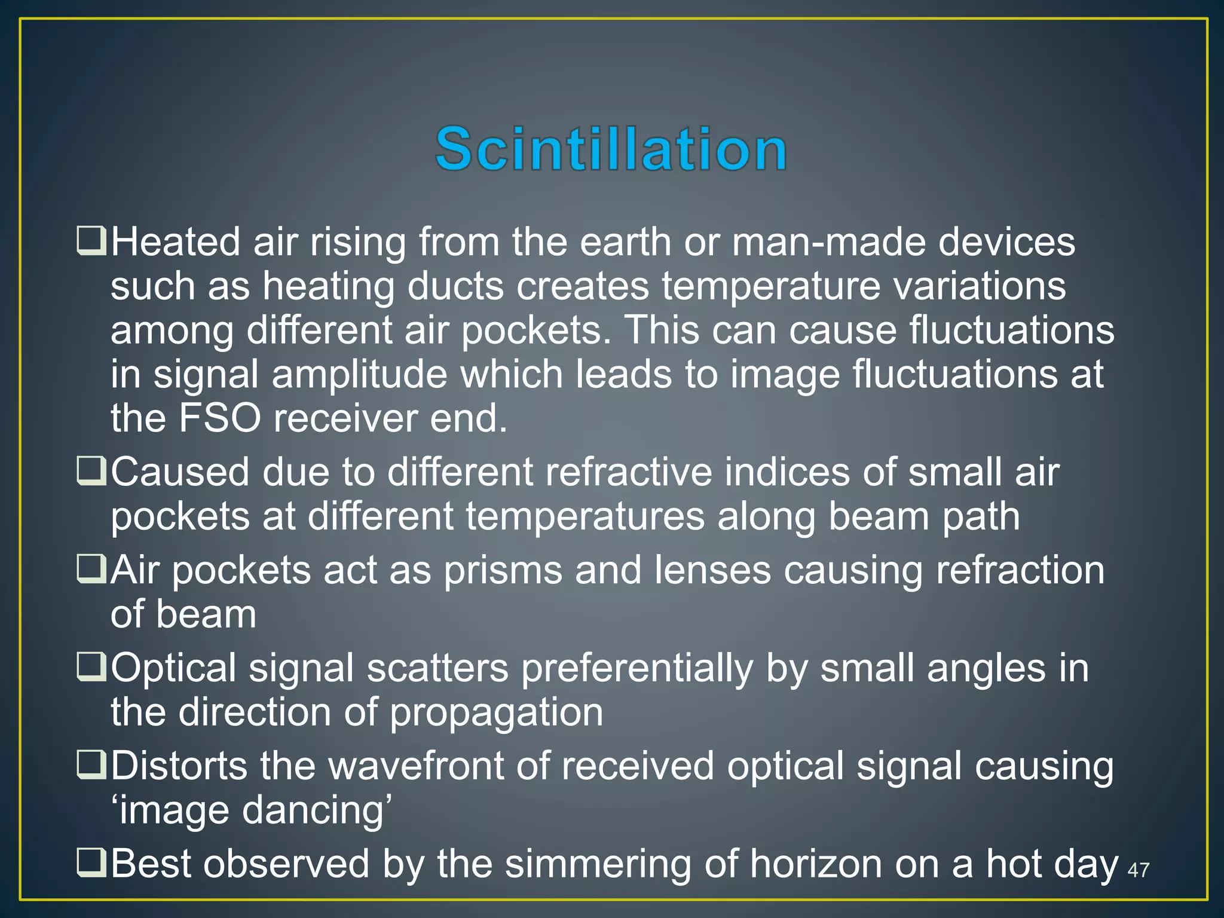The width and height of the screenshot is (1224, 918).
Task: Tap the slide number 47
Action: pos(1138,870)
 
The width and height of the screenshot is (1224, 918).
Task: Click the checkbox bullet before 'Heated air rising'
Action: pos(91,241)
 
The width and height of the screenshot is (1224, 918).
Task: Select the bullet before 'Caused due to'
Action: pos(91,472)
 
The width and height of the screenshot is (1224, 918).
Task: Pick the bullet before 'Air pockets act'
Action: pos(91,570)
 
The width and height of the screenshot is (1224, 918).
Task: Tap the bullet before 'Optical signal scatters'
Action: pos(91,668)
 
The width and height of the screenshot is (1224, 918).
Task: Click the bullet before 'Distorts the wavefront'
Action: pos(91,766)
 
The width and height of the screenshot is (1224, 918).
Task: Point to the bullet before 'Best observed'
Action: pos(91,864)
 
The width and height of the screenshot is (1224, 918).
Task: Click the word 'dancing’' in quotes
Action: pos(317,810)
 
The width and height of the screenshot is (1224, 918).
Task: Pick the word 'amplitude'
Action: pos(359,375)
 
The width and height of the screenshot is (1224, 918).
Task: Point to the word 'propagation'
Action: pos(496,712)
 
